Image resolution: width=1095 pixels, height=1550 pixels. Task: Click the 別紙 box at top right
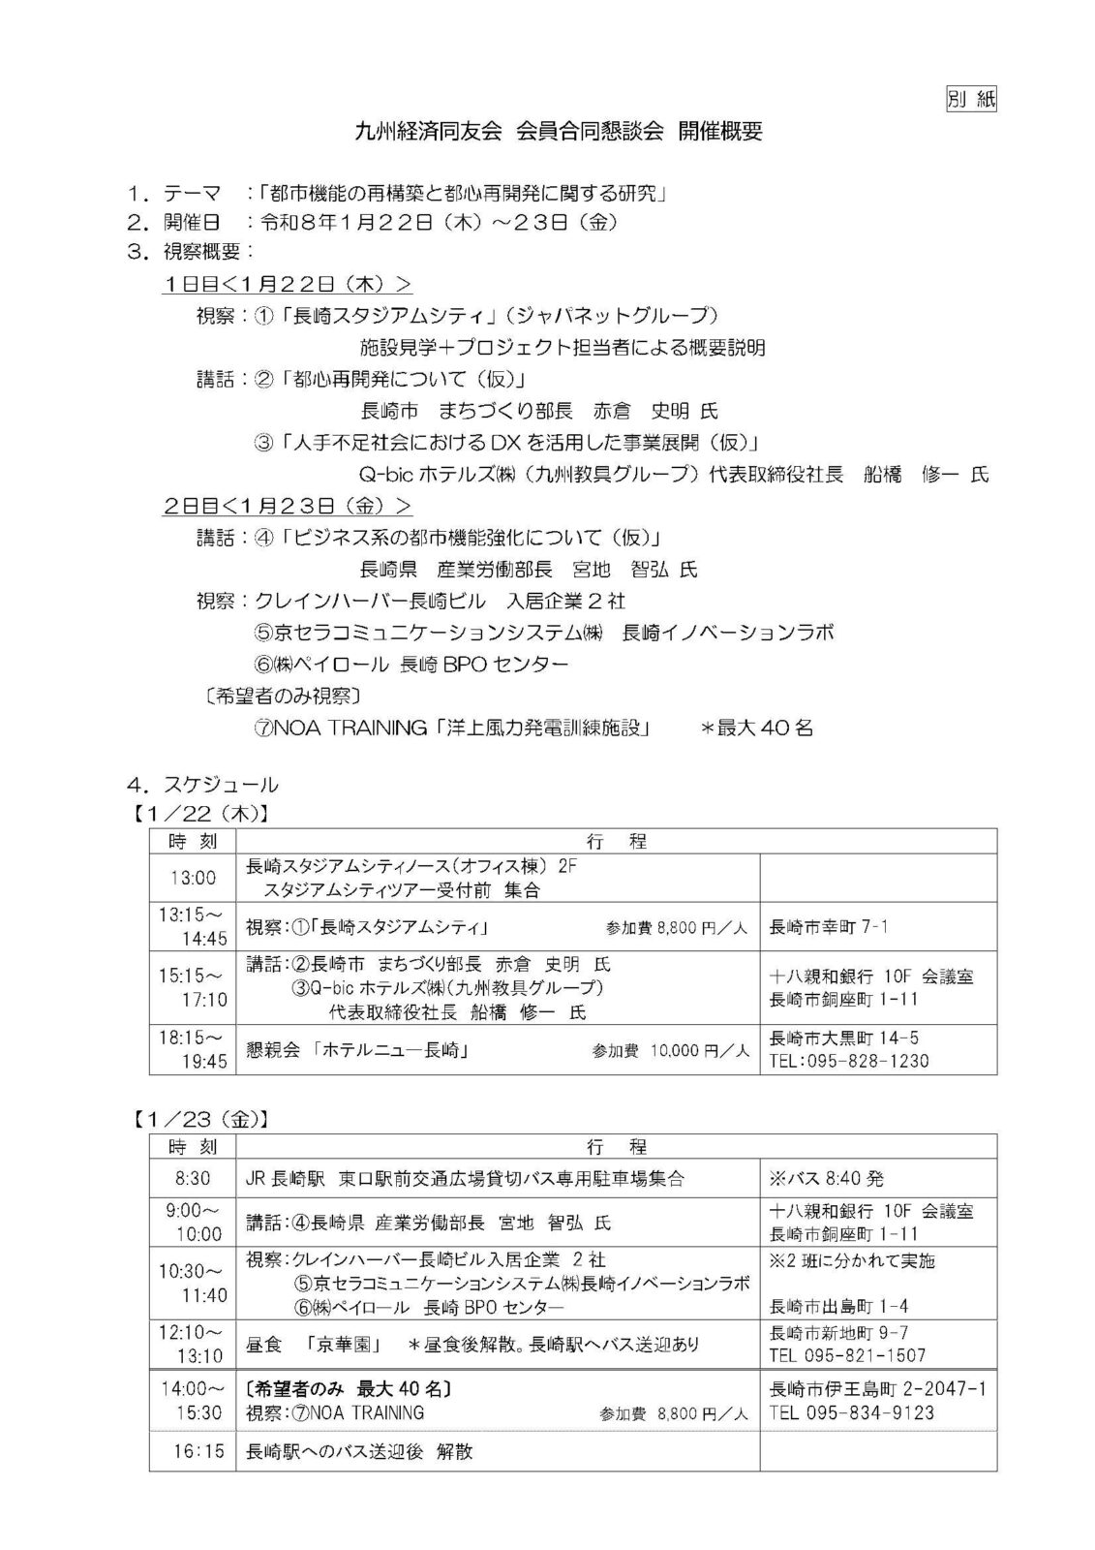[x=970, y=98]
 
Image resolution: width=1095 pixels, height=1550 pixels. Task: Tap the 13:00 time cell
[x=193, y=878]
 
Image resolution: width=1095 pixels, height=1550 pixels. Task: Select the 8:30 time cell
[x=193, y=1179]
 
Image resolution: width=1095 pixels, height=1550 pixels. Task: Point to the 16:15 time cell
[x=193, y=1451]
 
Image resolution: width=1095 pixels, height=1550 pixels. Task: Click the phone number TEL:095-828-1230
[x=849, y=1061]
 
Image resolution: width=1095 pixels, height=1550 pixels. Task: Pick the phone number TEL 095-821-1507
[x=847, y=1355]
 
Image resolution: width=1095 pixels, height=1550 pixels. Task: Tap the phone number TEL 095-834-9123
[x=852, y=1412]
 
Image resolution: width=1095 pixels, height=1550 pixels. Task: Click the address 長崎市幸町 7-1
[x=829, y=927]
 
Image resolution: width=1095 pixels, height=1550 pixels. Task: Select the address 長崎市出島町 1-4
[x=838, y=1306]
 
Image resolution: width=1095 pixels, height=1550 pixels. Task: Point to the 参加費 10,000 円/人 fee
[x=671, y=1050]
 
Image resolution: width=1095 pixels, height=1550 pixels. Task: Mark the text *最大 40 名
[x=756, y=728]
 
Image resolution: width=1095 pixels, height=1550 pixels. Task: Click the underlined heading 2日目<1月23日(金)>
[x=288, y=506]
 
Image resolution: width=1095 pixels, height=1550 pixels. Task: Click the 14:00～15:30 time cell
[x=193, y=1401]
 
